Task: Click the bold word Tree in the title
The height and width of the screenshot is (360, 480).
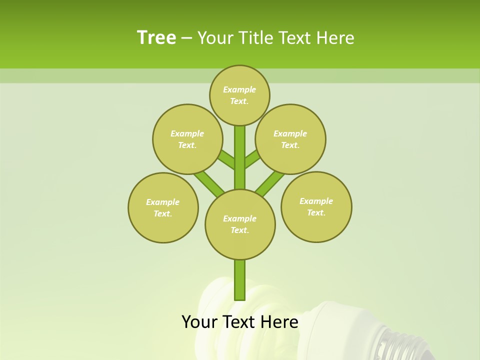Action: click(x=156, y=38)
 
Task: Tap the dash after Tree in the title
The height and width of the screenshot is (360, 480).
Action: click(x=186, y=38)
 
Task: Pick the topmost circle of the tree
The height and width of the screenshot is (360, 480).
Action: click(x=239, y=95)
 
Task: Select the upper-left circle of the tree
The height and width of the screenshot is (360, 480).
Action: click(x=187, y=139)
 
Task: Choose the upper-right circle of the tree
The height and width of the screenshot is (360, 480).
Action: click(x=290, y=139)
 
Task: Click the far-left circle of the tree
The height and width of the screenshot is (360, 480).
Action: click(x=163, y=207)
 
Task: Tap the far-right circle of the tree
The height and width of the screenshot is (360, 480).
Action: click(x=316, y=206)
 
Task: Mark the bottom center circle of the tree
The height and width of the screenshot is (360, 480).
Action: click(x=240, y=224)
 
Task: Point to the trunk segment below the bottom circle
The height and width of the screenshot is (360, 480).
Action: click(x=240, y=280)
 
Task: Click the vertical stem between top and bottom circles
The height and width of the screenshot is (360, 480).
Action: click(x=240, y=157)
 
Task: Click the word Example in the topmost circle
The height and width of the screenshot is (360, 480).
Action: click(x=239, y=90)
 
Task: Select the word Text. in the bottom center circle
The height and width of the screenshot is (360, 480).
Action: click(x=239, y=230)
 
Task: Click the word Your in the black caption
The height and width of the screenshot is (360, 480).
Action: click(x=199, y=322)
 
